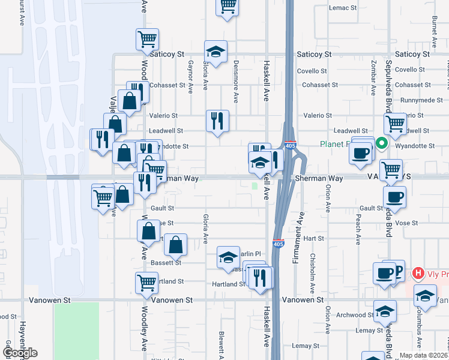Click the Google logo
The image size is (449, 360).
[x=20, y=353]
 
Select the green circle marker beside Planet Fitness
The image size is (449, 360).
[x=381, y=144]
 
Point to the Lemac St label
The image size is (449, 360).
[x=343, y=8]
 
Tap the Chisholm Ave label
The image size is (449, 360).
[x=312, y=264]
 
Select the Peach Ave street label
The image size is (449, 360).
[x=358, y=232]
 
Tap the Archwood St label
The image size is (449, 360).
[x=351, y=315]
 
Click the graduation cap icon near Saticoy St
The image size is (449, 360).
[x=215, y=51]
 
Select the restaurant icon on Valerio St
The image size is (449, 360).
[x=217, y=120]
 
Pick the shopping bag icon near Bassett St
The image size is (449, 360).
[x=175, y=244]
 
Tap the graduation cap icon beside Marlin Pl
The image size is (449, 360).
[x=228, y=258]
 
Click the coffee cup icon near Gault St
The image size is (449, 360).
[x=394, y=196]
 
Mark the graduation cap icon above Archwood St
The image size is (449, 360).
[x=384, y=311]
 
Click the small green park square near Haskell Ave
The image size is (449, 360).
[x=255, y=186]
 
